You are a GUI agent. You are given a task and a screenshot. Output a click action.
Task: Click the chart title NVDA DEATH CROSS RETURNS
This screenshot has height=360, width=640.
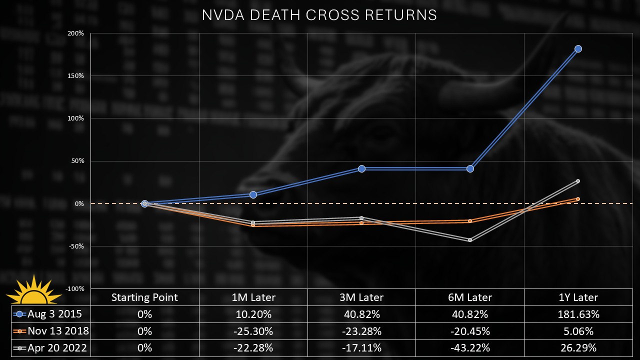(x=319, y=15)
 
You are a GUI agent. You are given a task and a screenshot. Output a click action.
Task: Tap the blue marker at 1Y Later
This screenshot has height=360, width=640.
(x=578, y=48)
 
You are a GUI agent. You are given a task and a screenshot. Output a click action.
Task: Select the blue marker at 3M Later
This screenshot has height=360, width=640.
(x=361, y=168)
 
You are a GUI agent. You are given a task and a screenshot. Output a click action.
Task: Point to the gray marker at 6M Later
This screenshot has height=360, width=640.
(x=470, y=240)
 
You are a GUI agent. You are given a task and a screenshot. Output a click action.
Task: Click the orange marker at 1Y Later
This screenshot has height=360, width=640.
(x=578, y=199)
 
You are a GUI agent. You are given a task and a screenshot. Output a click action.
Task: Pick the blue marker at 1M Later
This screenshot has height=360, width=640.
(x=253, y=194)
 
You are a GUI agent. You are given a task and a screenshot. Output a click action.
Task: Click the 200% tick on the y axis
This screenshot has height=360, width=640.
(x=76, y=33)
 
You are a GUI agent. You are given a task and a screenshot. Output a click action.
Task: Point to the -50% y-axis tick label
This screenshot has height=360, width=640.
(x=76, y=246)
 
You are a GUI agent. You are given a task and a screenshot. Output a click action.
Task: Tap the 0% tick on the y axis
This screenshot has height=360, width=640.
(x=79, y=204)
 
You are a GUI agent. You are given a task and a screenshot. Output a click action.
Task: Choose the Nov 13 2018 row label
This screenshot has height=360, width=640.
(x=58, y=331)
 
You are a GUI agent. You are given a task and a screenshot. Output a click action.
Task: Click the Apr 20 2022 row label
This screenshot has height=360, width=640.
(x=58, y=347)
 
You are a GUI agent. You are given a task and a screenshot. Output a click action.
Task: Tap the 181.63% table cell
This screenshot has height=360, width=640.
(x=578, y=314)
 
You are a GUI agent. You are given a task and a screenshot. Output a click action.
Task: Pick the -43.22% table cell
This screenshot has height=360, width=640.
(x=470, y=347)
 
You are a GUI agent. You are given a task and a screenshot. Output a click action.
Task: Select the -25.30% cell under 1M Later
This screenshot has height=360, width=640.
(x=253, y=331)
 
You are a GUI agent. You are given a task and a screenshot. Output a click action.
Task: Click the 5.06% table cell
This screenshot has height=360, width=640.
(x=578, y=331)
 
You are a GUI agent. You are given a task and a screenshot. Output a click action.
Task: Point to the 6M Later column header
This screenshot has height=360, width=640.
(x=470, y=297)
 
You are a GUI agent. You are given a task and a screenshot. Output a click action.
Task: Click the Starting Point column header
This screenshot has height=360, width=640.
(x=144, y=297)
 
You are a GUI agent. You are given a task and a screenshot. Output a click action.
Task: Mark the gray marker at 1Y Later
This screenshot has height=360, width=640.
(x=578, y=181)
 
